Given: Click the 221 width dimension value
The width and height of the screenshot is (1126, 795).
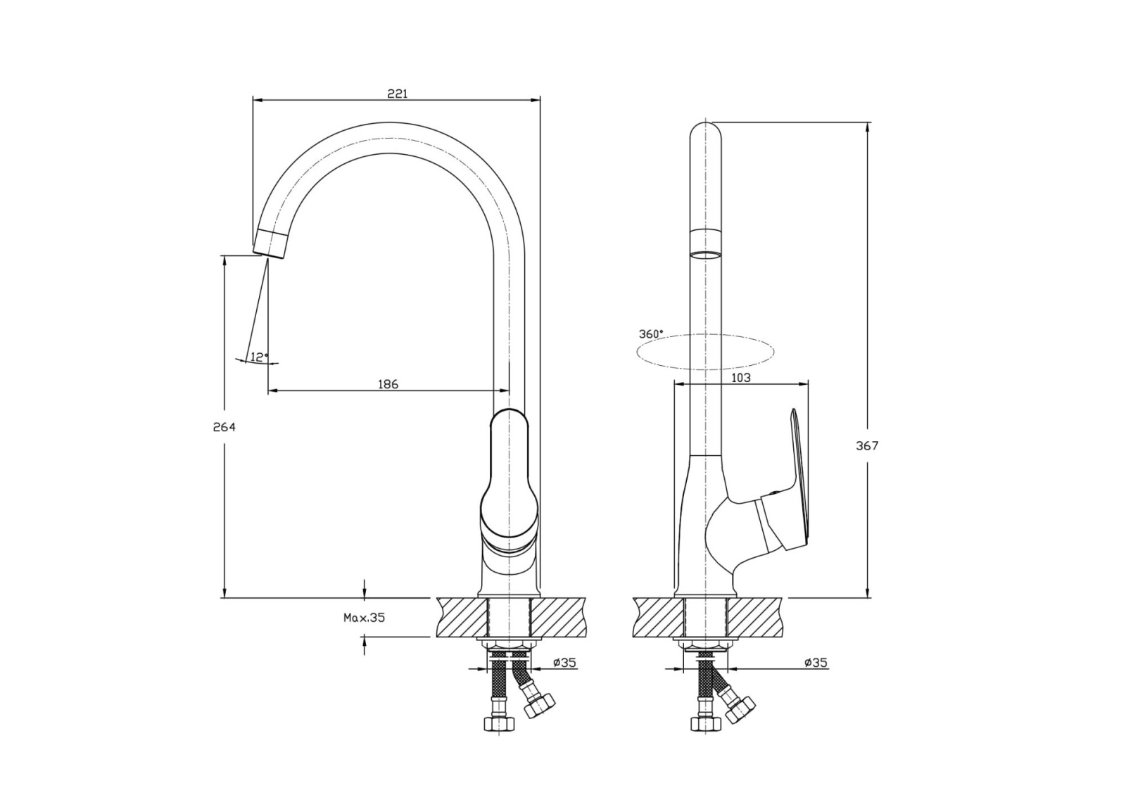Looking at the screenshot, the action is [397, 94].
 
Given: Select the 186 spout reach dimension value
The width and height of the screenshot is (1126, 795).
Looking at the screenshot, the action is [388, 384].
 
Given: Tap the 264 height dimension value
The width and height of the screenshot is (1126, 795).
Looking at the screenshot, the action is [224, 427].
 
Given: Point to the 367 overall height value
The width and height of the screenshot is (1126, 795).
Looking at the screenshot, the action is [867, 445].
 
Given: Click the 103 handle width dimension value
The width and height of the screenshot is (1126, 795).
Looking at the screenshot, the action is [740, 377].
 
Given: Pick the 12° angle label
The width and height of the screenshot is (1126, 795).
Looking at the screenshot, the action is [260, 357].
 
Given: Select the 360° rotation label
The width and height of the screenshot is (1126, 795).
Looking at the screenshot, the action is [651, 333].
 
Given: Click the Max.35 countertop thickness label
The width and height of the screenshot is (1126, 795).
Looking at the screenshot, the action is [364, 618].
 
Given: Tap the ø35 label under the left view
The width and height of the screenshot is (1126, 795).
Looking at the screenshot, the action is [564, 663].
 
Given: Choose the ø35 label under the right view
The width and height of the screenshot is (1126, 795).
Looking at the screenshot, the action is [816, 663].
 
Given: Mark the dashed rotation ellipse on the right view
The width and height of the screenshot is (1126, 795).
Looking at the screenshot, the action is [705, 352].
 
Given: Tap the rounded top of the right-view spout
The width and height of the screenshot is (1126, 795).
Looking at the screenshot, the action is [706, 132].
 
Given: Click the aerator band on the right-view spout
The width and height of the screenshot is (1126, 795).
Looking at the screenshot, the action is [706, 244].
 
